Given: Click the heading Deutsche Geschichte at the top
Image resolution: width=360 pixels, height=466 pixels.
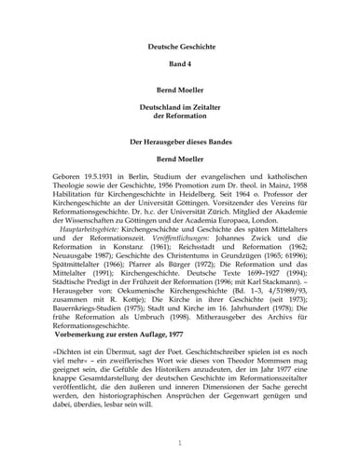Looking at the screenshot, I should point(179,47).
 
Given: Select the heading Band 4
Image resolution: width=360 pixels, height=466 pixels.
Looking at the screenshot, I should point(179,69).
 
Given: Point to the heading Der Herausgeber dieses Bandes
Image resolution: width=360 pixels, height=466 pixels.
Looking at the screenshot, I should point(179,141).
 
